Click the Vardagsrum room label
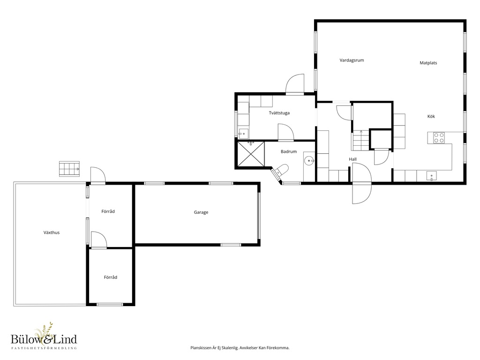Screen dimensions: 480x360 tap(352, 60)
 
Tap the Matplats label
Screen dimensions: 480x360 tap(428, 63)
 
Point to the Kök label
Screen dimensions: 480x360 tap(431, 116)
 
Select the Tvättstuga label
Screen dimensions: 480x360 tap(279, 113)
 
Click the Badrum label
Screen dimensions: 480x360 tap(289, 151)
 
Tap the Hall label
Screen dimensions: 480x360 tap(352, 159)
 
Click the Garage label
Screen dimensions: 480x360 tap(201, 212)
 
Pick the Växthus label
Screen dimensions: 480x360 tap(52, 232)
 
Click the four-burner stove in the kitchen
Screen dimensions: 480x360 tap(439, 137)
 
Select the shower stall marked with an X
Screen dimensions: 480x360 tap(251, 154)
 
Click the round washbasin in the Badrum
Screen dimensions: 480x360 tap(309, 160)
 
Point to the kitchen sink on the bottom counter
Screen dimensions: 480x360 tap(432, 176)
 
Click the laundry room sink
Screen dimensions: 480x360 tap(244, 134)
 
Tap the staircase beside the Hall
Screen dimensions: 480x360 tap(360, 140)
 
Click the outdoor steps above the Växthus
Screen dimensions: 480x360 tap(69, 169)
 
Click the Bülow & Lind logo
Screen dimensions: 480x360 tap(44, 336)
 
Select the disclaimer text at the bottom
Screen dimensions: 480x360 tap(240, 348)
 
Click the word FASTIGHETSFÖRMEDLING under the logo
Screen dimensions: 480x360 tap(44, 348)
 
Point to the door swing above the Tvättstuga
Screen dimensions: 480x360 tap(295, 83)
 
